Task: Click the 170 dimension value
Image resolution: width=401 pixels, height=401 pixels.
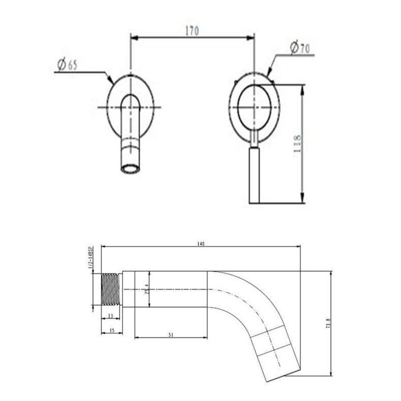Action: (192, 31)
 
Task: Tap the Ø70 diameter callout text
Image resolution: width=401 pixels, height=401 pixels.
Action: (299, 48)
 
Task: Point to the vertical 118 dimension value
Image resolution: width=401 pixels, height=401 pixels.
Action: (297, 144)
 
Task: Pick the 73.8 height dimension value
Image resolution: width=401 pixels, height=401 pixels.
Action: (328, 323)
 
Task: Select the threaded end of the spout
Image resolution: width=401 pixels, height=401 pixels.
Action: (111, 289)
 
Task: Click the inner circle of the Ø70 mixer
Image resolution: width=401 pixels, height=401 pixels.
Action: (254, 107)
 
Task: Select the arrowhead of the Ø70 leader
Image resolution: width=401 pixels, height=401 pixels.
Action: (269, 71)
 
